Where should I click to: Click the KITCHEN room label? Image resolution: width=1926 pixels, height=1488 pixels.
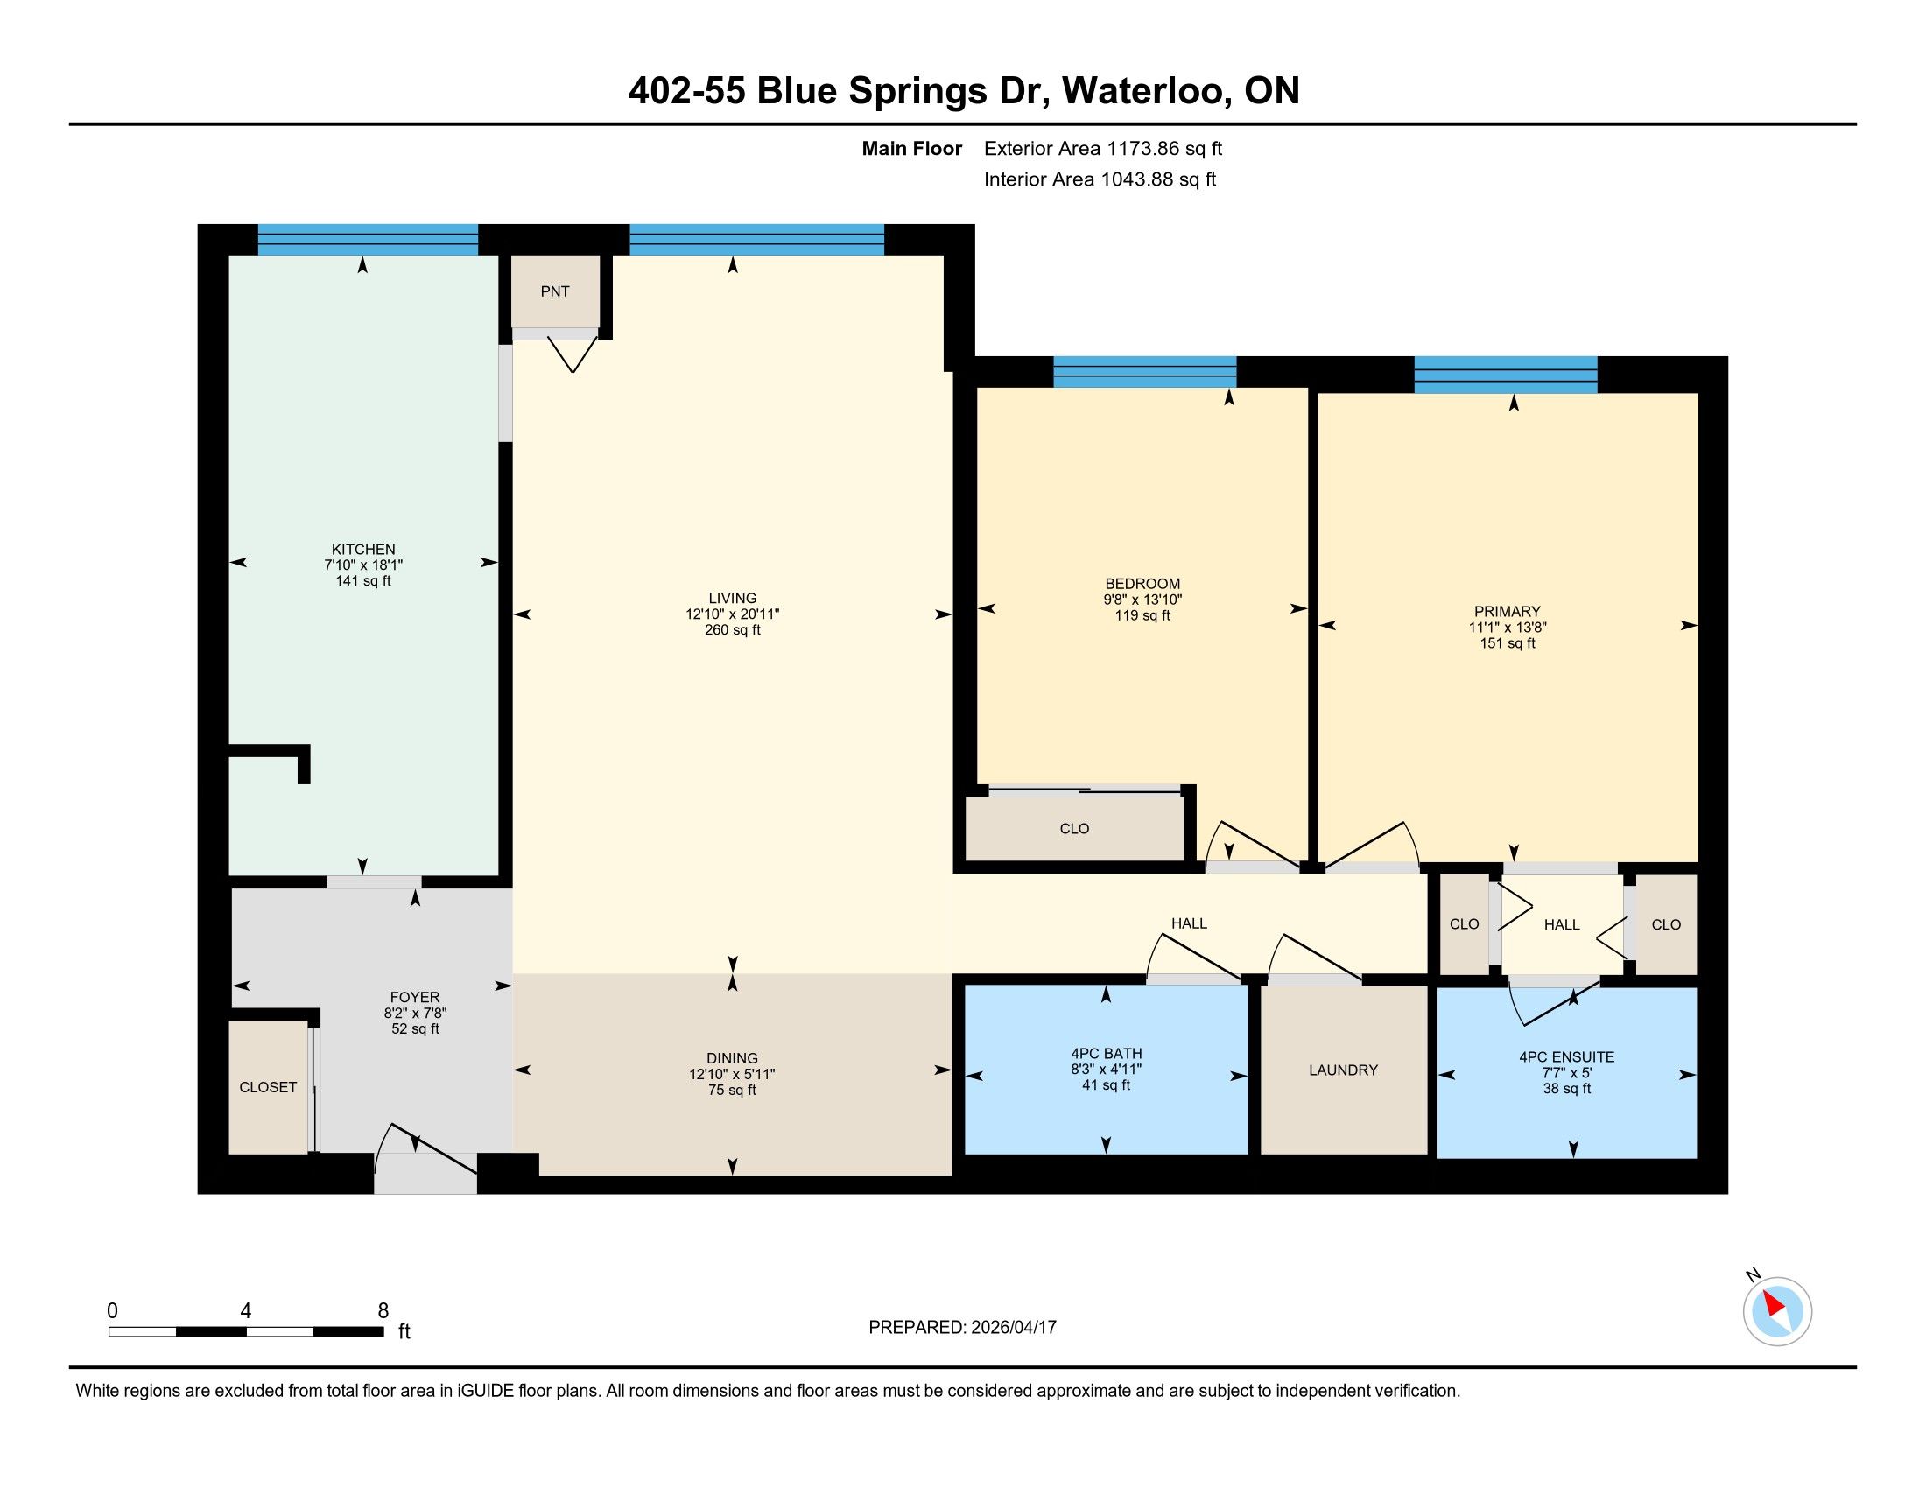click(x=363, y=549)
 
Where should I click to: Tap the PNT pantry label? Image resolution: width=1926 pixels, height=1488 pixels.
click(x=555, y=291)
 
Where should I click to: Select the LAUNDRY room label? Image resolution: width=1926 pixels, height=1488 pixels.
click(x=1343, y=1070)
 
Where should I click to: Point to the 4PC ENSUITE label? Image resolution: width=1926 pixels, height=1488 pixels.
click(x=1567, y=1057)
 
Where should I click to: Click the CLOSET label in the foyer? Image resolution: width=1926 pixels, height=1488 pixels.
click(x=268, y=1088)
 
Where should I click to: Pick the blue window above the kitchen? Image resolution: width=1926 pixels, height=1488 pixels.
click(x=368, y=239)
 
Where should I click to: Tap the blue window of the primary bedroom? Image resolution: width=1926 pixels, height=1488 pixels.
click(x=1507, y=374)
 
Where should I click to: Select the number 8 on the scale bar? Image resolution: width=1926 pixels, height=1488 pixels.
click(x=383, y=1311)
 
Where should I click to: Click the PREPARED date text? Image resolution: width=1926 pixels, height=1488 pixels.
click(x=962, y=1328)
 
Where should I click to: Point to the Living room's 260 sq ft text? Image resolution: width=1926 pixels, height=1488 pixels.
click(x=732, y=630)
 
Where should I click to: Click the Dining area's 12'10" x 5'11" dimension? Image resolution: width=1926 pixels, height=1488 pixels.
click(x=732, y=1075)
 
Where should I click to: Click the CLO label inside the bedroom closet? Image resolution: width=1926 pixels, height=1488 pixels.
click(x=1074, y=829)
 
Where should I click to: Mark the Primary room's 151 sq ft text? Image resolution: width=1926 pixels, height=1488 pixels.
click(x=1508, y=643)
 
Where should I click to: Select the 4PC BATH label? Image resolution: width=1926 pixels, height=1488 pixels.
click(x=1106, y=1053)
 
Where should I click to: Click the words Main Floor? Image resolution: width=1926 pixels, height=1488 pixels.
click(x=912, y=148)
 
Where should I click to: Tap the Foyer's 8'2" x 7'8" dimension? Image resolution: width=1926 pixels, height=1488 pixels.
click(x=414, y=1014)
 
